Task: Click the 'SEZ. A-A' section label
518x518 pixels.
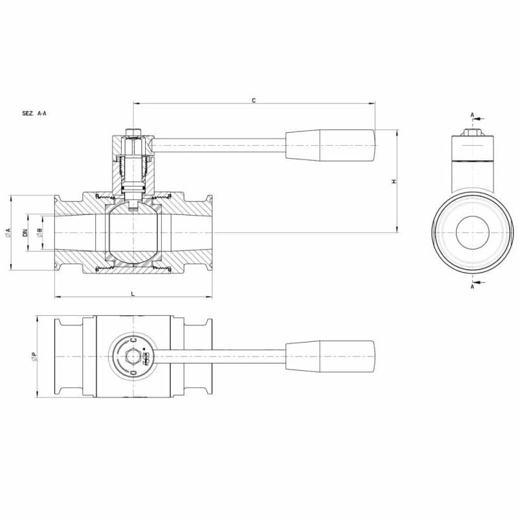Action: tap(34, 113)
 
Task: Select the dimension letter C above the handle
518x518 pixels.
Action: tap(254, 100)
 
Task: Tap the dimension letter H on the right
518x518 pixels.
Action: tap(394, 181)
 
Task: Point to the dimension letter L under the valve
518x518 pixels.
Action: tap(133, 293)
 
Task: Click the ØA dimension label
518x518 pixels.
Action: tap(8, 232)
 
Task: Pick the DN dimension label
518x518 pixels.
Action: tap(25, 232)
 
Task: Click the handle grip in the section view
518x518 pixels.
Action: tap(330, 145)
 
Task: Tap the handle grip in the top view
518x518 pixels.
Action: tap(330, 357)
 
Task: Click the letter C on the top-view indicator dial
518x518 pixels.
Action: tap(133, 340)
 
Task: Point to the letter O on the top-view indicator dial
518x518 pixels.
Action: tap(133, 372)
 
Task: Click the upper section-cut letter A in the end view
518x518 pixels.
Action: tap(473, 115)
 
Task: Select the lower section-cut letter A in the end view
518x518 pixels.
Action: tap(473, 287)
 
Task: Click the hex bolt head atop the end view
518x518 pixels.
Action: tap(473, 132)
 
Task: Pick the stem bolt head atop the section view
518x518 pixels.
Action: tap(133, 132)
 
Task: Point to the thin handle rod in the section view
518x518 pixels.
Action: tap(220, 145)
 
